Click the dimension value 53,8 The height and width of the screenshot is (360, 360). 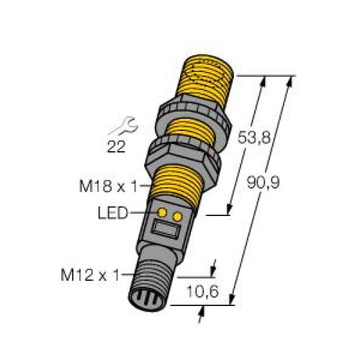coord(254,138)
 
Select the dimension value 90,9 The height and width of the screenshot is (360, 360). coord(264,183)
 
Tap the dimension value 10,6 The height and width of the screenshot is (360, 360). coord(202,292)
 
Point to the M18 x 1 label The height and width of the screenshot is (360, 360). coord(109,186)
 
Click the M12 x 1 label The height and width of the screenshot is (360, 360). coord(90,275)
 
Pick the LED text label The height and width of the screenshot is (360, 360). coord(113,213)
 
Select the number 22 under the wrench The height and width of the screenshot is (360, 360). coord(116,147)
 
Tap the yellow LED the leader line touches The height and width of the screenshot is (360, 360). coord(162,212)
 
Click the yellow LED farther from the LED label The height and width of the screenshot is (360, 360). coord(177,217)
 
